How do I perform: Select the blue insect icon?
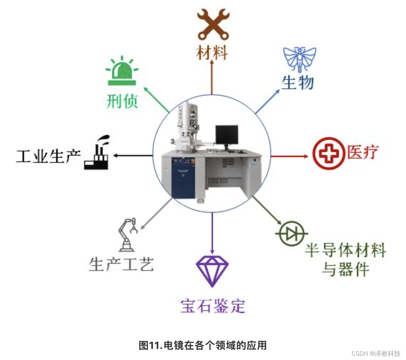300,59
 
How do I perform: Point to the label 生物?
298,83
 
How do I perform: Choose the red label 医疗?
363,152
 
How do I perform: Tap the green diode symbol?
291,234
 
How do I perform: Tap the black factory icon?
96,153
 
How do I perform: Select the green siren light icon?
122,72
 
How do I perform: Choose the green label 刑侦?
122,102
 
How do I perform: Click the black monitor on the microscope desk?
227,135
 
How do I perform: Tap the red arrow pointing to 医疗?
289,156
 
